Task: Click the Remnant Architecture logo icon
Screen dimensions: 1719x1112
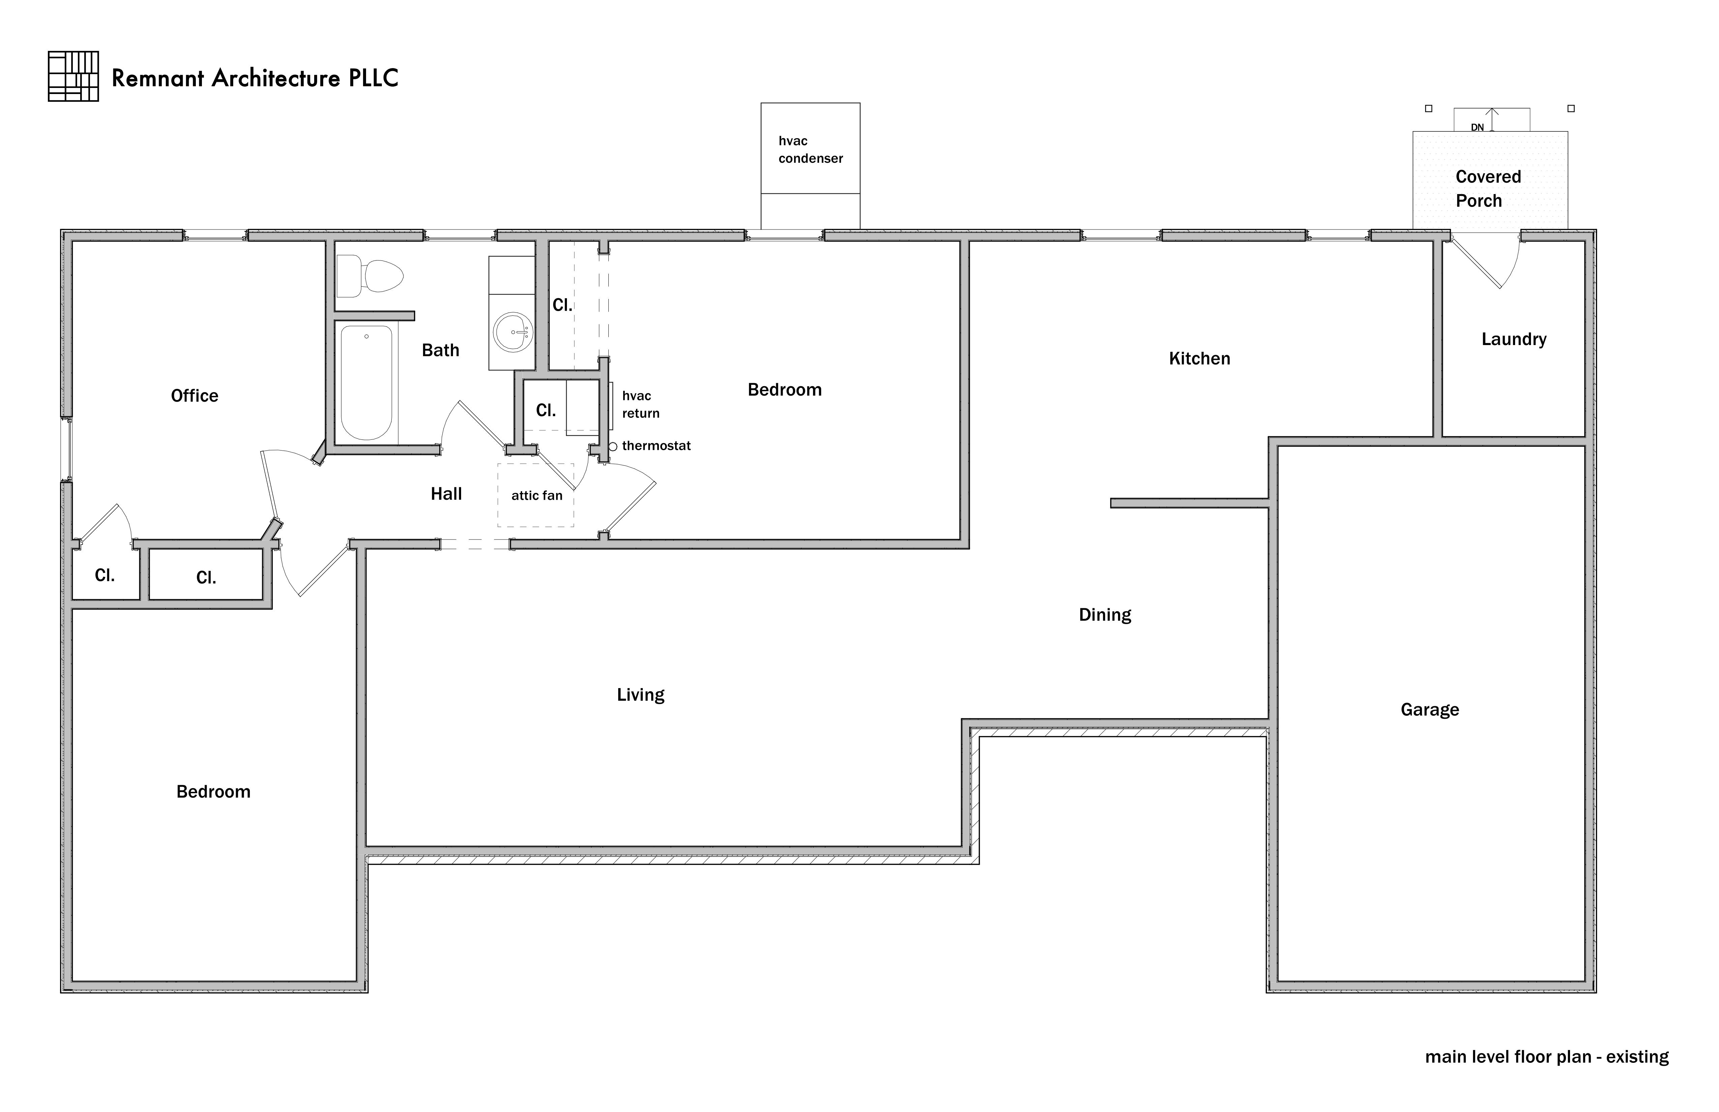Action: [x=73, y=76]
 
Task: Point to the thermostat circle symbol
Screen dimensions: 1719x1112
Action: [x=612, y=446]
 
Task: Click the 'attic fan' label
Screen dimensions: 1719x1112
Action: [x=537, y=495]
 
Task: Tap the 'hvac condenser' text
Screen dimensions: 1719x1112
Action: [x=810, y=150]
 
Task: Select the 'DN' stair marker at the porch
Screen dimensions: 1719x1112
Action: [x=1477, y=127]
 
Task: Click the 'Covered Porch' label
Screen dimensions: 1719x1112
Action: [x=1488, y=188]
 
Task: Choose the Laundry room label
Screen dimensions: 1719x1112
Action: [x=1514, y=339]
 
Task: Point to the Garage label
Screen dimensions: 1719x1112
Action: [x=1429, y=710]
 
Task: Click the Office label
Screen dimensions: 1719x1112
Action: [x=194, y=396]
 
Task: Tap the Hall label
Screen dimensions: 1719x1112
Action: [x=446, y=494]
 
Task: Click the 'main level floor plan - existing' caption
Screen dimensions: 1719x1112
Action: [x=1546, y=1056]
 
